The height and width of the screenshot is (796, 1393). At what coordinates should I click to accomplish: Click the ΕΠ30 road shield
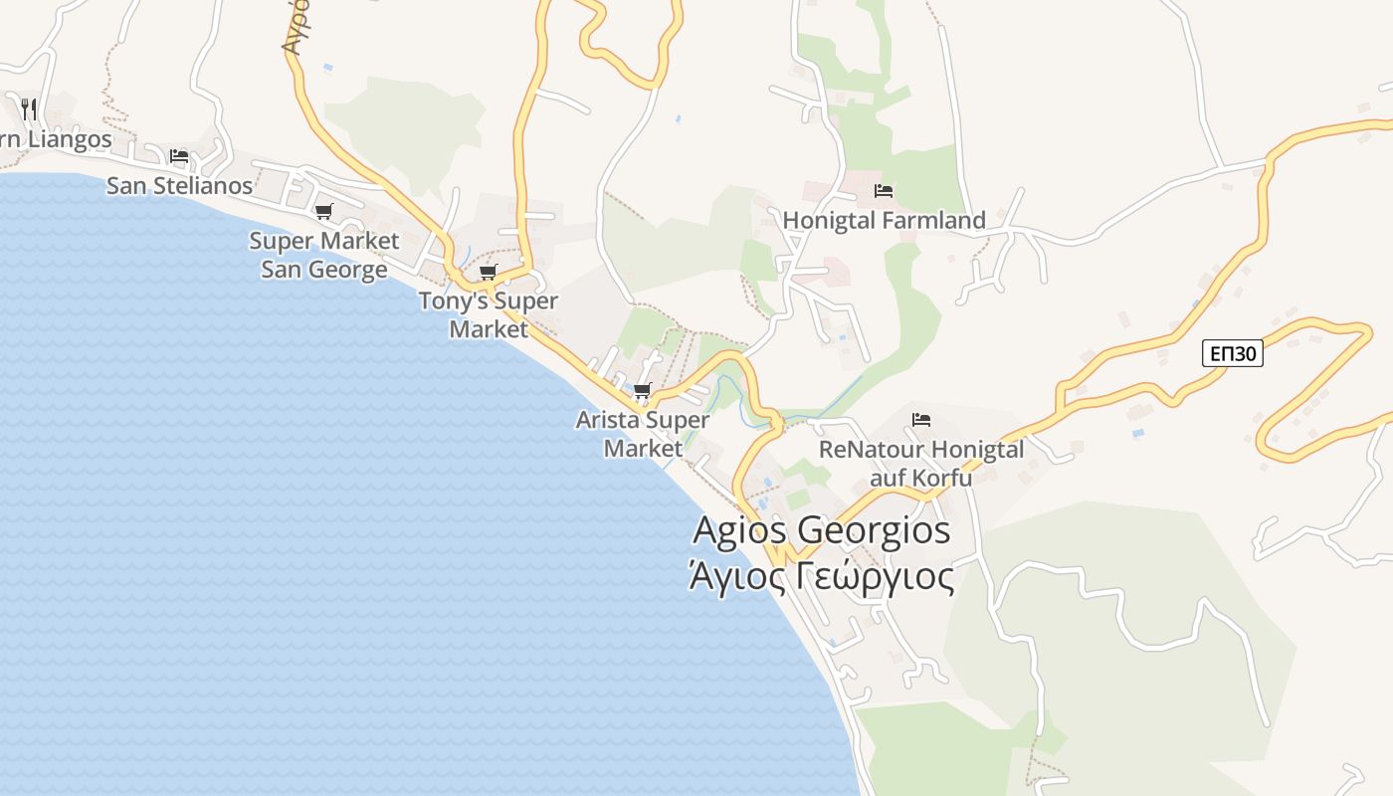point(1232,353)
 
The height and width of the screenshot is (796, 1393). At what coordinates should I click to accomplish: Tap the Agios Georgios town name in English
point(821,530)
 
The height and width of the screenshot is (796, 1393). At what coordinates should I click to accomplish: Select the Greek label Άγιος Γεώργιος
point(821,576)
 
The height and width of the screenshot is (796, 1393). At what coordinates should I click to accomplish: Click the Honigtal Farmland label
point(884,220)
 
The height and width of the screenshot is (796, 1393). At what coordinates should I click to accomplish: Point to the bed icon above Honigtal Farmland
point(883,191)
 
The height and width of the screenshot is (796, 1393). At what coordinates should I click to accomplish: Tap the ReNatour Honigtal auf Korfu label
point(920,464)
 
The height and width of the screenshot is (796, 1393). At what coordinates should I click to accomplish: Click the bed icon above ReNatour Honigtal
point(920,420)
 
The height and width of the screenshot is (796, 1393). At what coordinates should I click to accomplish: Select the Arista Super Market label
point(643,434)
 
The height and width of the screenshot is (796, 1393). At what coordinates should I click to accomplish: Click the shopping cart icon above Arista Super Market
point(642,390)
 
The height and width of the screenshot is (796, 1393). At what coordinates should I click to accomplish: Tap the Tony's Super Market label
point(488,314)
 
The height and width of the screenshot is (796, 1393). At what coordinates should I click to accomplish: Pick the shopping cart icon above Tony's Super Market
point(488,272)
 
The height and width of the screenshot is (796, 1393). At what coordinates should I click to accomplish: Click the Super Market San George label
point(323,255)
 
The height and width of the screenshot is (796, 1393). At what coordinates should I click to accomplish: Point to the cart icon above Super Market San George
point(323,211)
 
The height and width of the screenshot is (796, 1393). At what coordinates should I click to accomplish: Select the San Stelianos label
point(179,185)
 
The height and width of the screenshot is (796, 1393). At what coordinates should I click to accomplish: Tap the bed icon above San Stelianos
point(179,156)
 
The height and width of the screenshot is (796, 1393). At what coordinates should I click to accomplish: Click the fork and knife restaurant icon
point(29,107)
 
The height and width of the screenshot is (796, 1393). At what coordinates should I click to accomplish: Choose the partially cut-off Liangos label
point(56,138)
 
